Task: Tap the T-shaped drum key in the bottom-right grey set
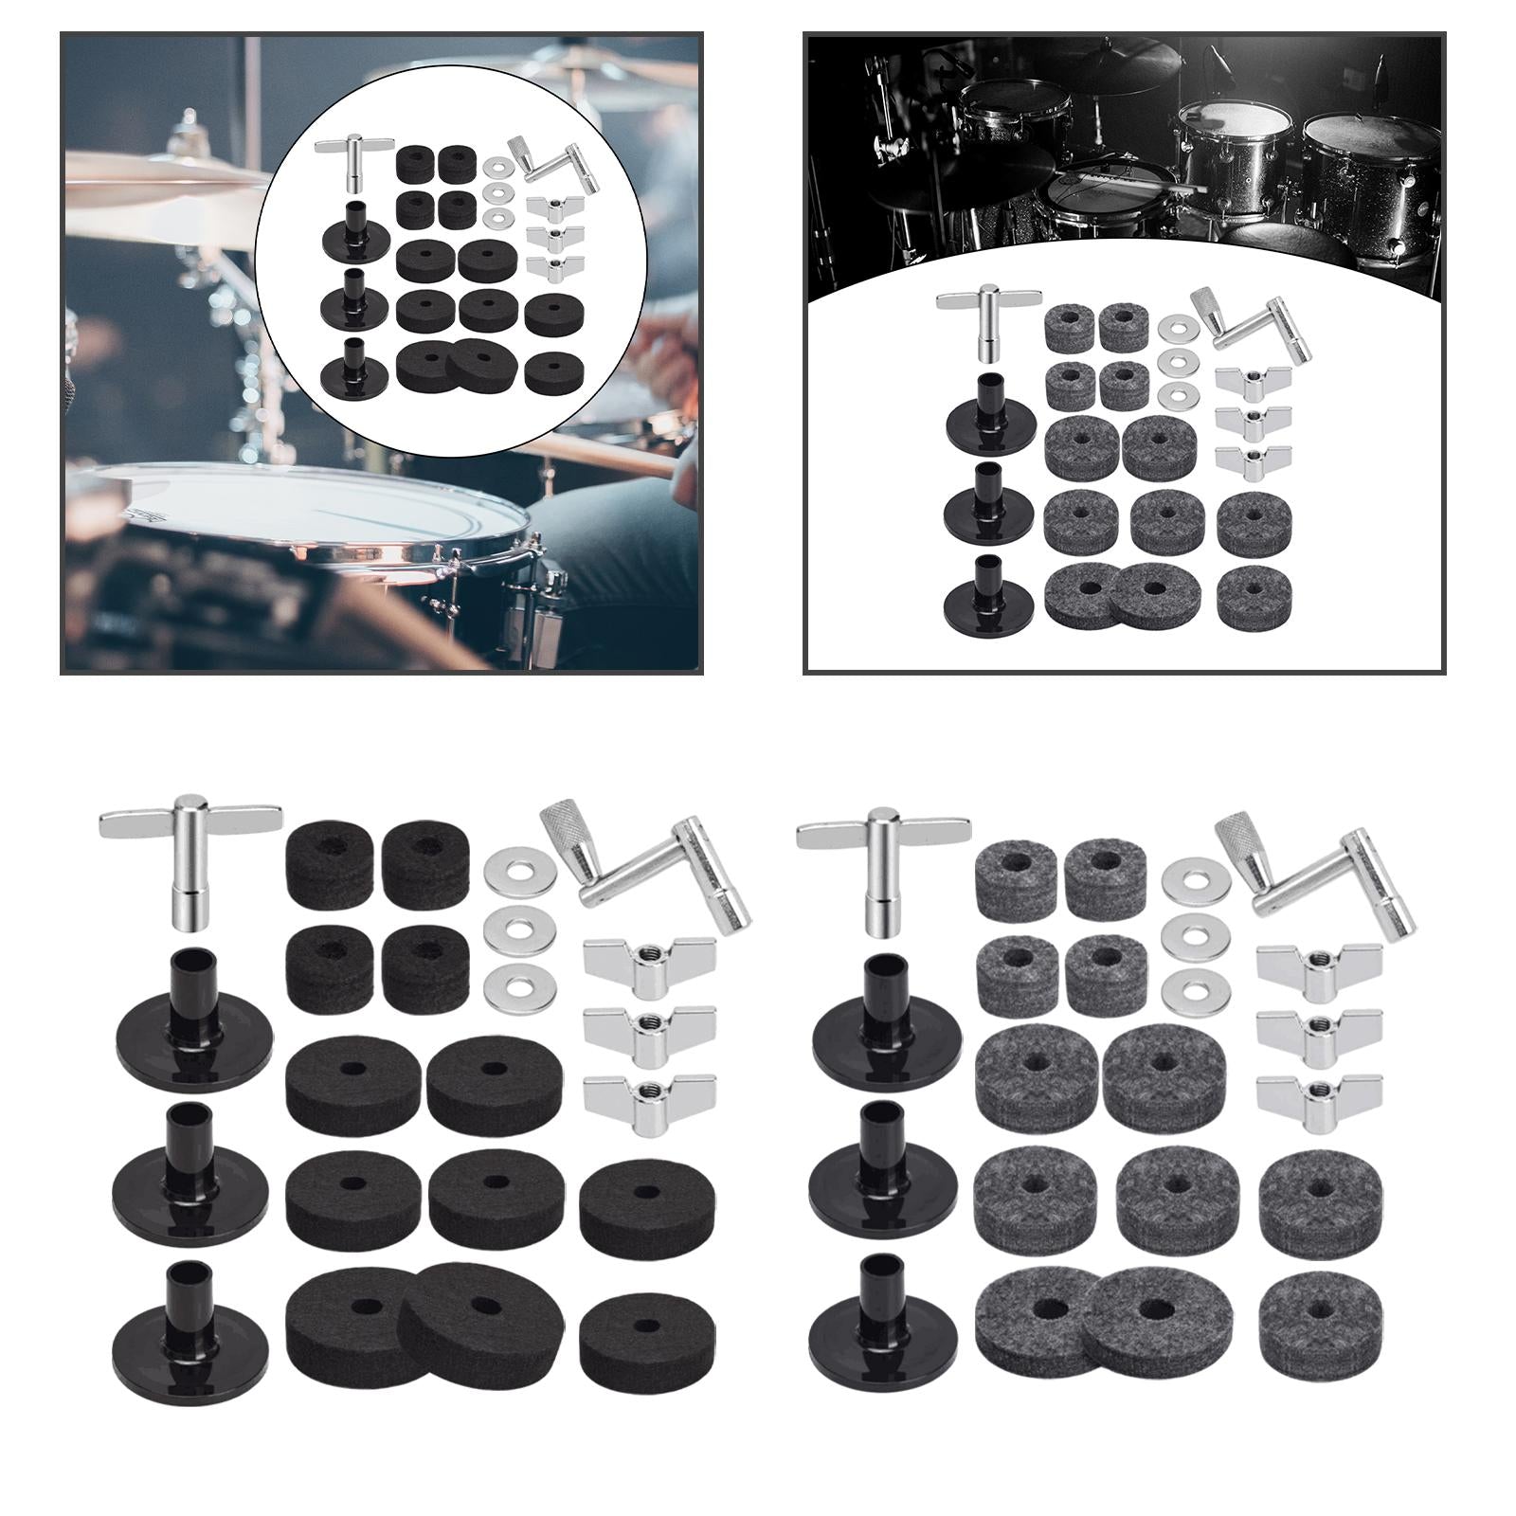[884, 867]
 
